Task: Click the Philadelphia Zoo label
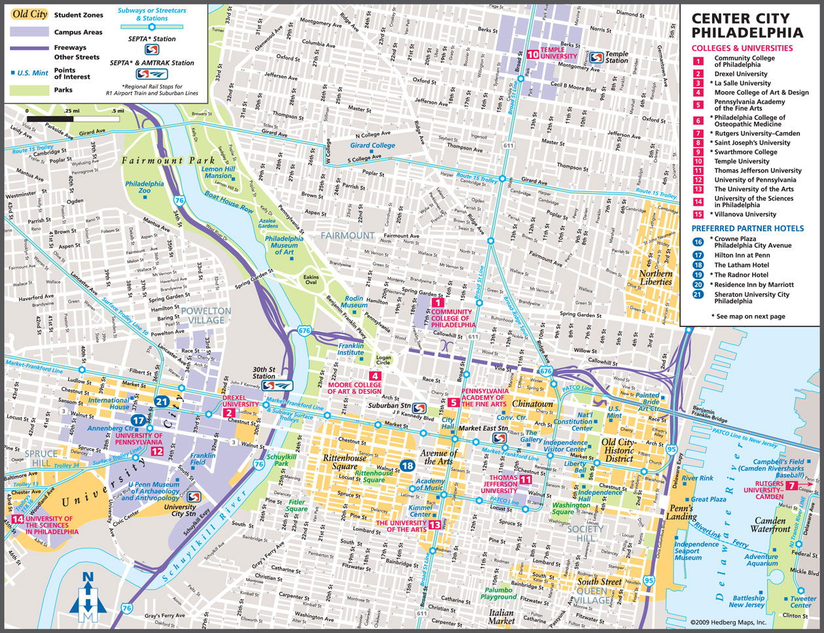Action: [x=145, y=187]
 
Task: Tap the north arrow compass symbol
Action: [x=88, y=597]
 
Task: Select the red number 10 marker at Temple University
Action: [x=533, y=55]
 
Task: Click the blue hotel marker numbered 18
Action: [x=408, y=465]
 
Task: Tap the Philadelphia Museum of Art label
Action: [x=284, y=245]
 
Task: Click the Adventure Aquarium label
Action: [x=761, y=560]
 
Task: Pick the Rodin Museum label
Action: [x=354, y=301]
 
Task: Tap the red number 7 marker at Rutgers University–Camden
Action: [x=791, y=486]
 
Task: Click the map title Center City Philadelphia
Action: [x=747, y=26]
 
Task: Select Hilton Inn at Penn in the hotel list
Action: [x=742, y=256]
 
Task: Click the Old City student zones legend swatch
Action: [x=29, y=14]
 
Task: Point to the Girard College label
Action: [x=372, y=145]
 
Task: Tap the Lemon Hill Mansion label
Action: [x=218, y=172]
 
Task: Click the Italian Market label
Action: [x=501, y=617]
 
